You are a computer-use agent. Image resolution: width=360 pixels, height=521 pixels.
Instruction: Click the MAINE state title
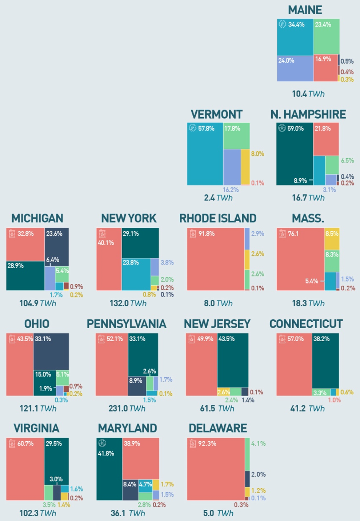click(305, 10)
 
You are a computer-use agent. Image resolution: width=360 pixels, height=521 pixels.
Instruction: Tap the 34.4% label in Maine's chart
click(296, 25)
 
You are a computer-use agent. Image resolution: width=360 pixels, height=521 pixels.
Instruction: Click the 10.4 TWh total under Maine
click(308, 94)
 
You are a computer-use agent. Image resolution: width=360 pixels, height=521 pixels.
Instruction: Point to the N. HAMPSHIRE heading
click(308, 114)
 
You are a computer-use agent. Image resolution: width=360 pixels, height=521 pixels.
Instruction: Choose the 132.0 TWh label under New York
click(128, 303)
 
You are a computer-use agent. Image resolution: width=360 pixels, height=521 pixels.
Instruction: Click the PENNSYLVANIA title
click(126, 324)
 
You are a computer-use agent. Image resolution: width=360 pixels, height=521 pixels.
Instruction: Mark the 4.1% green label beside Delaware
click(258, 444)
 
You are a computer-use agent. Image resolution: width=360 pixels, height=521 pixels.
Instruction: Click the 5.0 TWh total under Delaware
click(218, 513)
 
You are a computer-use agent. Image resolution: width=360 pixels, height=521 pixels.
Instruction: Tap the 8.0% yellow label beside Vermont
click(257, 154)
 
